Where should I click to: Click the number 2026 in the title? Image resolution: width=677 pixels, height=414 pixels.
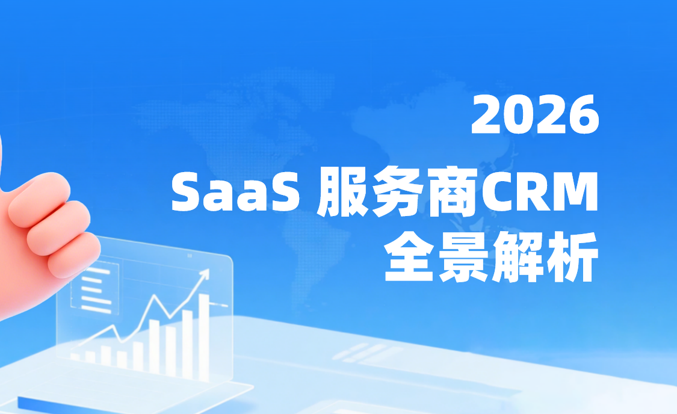click(535, 116)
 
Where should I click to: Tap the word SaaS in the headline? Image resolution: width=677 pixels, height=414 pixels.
click(236, 193)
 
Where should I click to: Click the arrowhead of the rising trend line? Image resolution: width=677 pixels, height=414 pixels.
click(205, 274)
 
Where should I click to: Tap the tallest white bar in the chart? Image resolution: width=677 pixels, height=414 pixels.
click(204, 337)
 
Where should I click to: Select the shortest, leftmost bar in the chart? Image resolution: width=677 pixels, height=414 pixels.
click(75, 356)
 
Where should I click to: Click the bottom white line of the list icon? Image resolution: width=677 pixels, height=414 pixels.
click(96, 308)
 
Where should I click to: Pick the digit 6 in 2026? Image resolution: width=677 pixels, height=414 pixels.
click(584, 116)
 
